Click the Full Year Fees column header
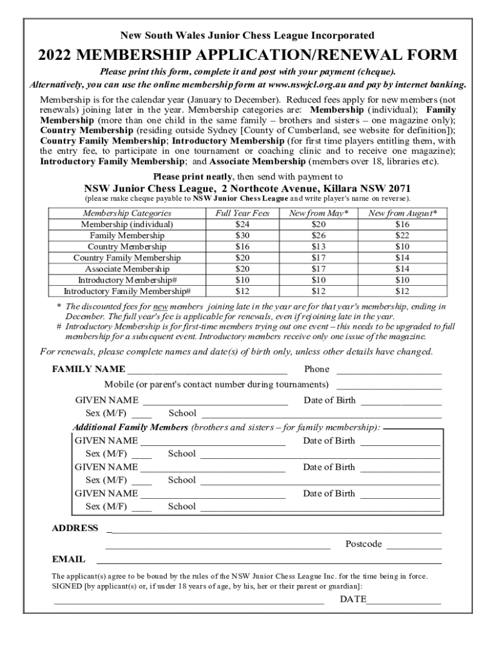point(243,213)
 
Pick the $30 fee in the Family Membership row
point(243,236)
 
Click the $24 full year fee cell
point(243,225)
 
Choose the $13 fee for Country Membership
point(318,246)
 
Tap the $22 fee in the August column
point(402,236)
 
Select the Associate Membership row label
point(127,269)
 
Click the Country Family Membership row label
point(127,257)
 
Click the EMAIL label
point(68,560)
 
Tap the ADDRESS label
point(75,528)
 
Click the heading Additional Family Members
point(130,427)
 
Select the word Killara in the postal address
point(340,189)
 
